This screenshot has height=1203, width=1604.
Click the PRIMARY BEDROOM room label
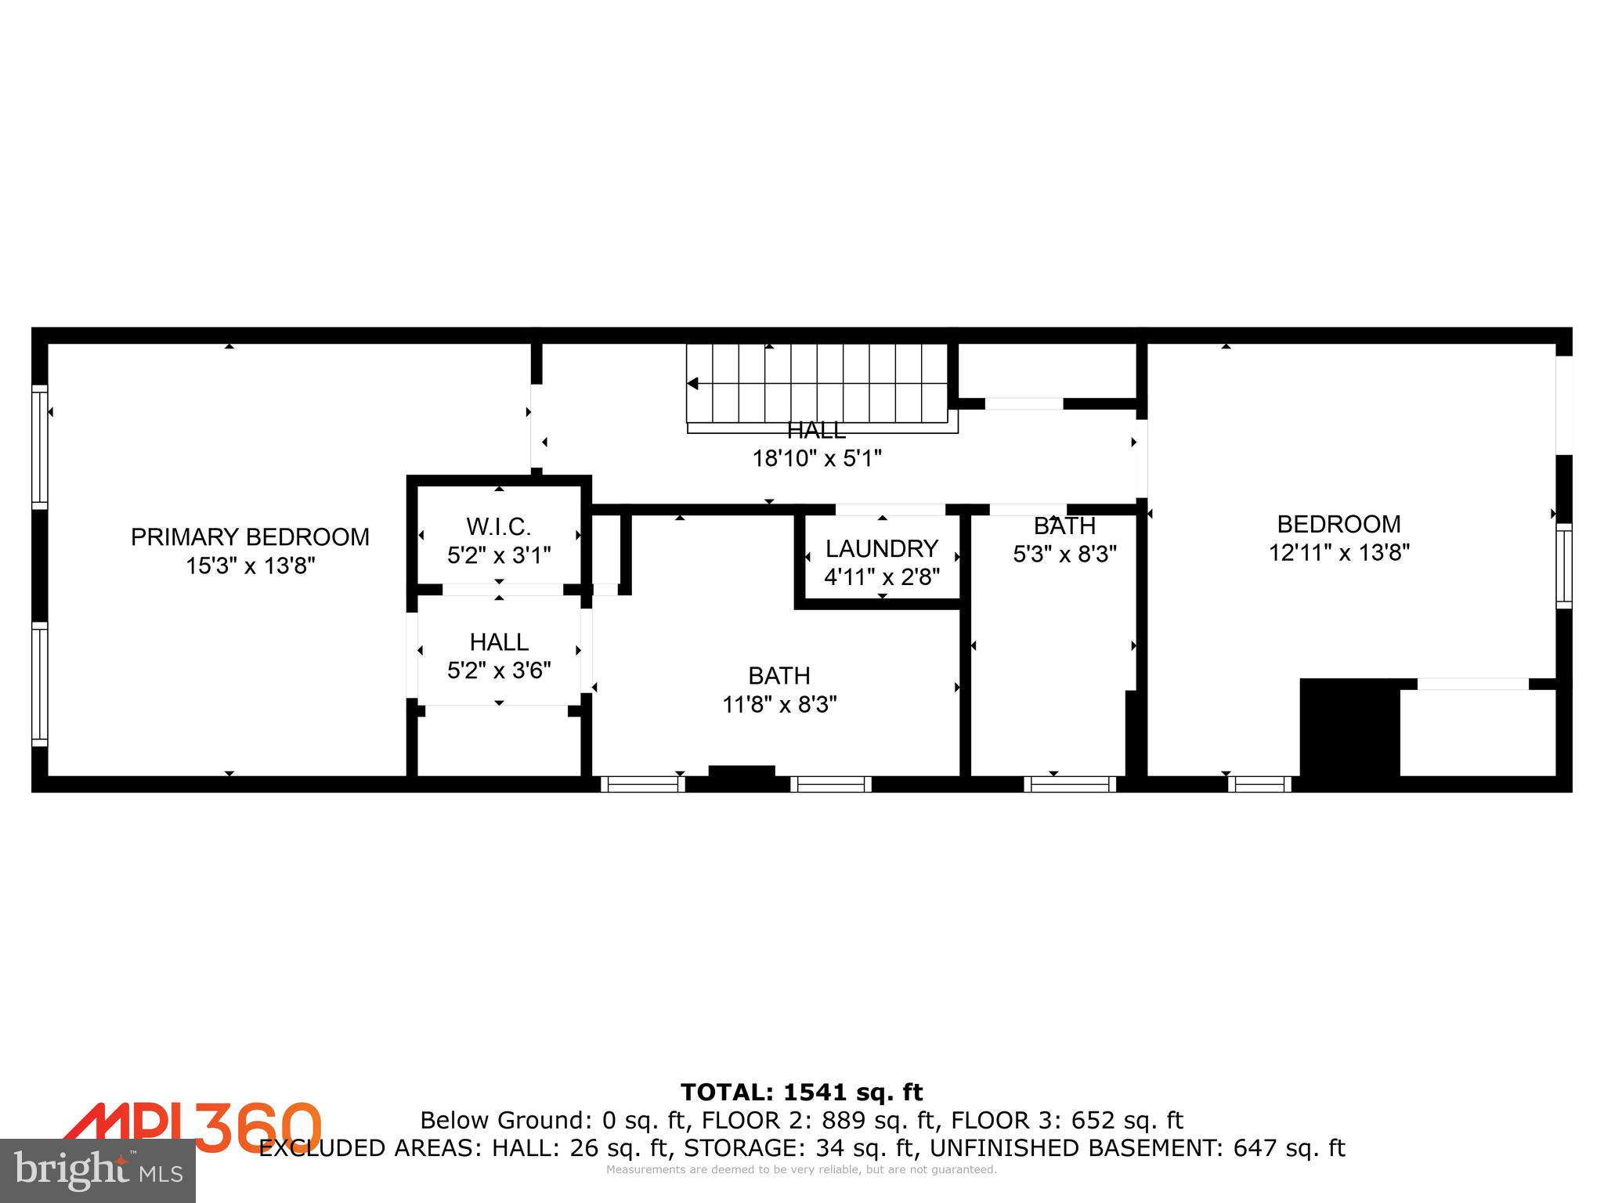(x=250, y=537)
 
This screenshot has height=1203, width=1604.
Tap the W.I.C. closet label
(x=499, y=526)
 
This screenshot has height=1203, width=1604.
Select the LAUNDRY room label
(x=882, y=548)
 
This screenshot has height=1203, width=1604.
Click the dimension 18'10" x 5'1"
(x=817, y=458)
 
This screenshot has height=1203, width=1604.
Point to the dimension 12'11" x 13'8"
(x=1339, y=553)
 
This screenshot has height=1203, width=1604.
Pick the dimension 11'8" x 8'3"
(x=779, y=705)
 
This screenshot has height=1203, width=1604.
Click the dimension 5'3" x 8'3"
(x=1064, y=555)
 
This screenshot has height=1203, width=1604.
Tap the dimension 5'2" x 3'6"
(x=499, y=670)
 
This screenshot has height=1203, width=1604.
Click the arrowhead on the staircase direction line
(x=693, y=384)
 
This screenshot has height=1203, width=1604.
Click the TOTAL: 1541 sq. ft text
(x=801, y=1092)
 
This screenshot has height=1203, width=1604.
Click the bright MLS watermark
(x=98, y=1170)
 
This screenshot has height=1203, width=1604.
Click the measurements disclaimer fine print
(x=801, y=1170)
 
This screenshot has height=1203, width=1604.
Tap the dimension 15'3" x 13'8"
(x=250, y=565)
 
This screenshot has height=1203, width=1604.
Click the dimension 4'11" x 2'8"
(x=882, y=577)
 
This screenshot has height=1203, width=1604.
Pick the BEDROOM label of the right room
(x=1339, y=524)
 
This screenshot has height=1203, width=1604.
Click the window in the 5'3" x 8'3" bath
(x=1070, y=783)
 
